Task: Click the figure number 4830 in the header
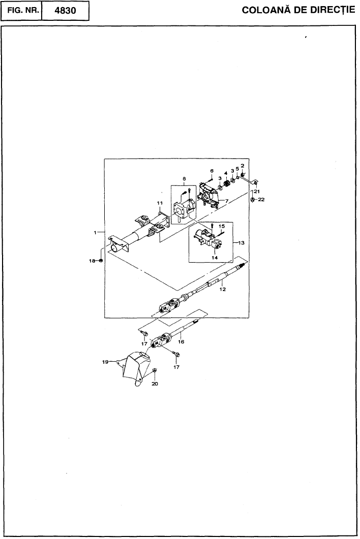[x=66, y=11]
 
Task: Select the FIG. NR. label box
[x=22, y=11]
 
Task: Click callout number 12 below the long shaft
[x=222, y=290]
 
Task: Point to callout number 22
[x=261, y=199]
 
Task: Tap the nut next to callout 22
[x=253, y=199]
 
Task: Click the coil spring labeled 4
[x=226, y=184]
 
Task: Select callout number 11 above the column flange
[x=160, y=203]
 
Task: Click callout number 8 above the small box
[x=184, y=178]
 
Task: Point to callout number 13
[x=241, y=243]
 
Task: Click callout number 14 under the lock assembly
[x=215, y=258]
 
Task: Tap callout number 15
[x=222, y=226]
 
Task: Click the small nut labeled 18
[x=101, y=261]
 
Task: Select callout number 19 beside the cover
[x=105, y=362]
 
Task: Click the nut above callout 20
[x=155, y=370]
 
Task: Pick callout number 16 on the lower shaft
[x=181, y=342]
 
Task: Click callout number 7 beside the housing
[x=227, y=200]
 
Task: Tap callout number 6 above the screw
[x=212, y=171]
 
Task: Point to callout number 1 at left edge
[x=95, y=233]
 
